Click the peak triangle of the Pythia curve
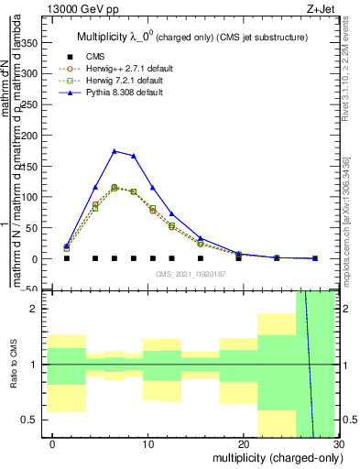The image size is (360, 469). (x=115, y=151)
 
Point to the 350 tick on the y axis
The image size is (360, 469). (x=44, y=42)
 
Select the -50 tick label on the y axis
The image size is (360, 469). (x=27, y=289)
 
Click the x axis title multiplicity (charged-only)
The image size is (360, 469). (x=275, y=457)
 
